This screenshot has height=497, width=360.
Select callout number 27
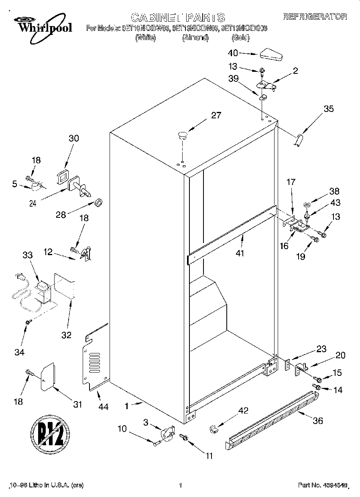[216, 116]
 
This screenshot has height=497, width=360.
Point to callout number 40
[233, 53]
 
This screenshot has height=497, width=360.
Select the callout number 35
[328, 109]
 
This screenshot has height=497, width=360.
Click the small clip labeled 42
[213, 429]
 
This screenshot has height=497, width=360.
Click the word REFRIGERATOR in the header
[315, 17]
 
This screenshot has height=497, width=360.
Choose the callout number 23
[321, 349]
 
